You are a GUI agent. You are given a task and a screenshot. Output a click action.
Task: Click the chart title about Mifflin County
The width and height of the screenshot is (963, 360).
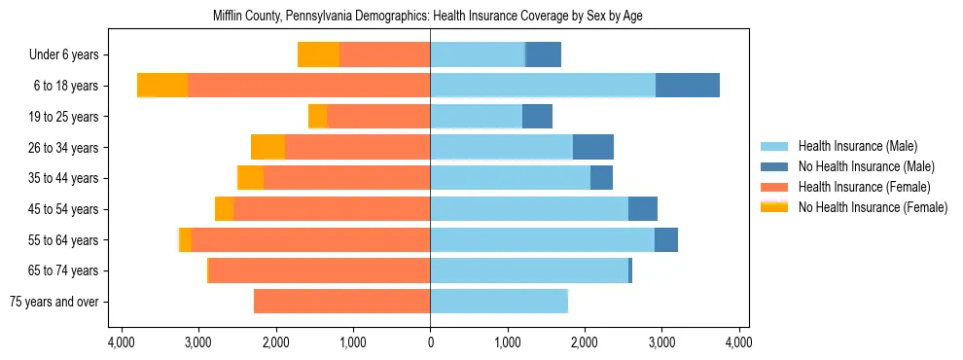[427, 16]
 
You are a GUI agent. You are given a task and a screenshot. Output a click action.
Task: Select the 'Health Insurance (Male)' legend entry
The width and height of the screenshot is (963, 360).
[857, 146]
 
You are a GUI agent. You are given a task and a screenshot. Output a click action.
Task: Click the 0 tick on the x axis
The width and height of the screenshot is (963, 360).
[430, 342]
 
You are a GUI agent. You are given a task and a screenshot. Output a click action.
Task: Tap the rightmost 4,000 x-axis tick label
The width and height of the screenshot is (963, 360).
[738, 342]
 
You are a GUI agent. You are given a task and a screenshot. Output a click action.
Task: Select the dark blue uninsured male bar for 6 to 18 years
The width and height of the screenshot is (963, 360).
[688, 86]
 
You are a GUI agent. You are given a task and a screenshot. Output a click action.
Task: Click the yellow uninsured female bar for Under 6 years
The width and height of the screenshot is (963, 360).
[318, 54]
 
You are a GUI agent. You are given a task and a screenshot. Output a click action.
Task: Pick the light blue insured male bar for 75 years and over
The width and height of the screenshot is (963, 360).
[499, 302]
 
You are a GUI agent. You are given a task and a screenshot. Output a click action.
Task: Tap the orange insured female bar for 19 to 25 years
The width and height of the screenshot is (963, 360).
[378, 117]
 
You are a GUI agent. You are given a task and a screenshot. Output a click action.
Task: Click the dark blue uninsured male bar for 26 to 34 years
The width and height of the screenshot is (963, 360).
[593, 147]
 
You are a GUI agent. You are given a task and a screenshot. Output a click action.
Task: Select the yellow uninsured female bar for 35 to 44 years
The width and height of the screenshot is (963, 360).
[251, 178]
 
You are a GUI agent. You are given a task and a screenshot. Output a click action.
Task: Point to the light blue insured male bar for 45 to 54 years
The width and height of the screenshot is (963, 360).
[529, 209]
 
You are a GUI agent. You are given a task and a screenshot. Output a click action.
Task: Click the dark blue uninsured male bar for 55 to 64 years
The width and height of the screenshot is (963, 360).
[666, 239]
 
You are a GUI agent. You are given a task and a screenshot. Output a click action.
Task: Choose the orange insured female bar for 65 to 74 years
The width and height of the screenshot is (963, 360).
[320, 270]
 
